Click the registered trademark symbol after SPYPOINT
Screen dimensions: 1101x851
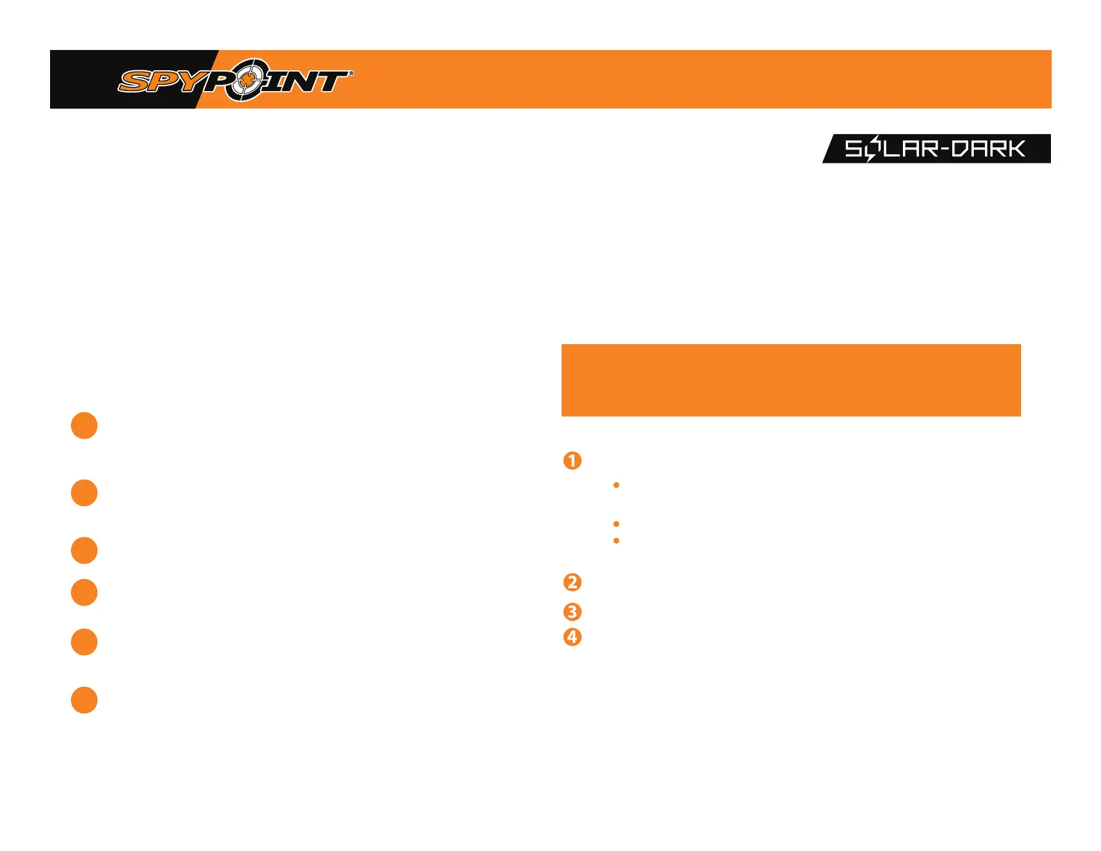pos(350,72)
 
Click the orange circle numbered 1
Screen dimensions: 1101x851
pos(572,460)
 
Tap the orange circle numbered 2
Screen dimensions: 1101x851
pos(572,582)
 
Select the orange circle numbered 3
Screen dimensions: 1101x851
pos(572,612)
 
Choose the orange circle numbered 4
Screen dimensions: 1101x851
pos(572,637)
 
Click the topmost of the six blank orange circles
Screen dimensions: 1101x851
pos(84,425)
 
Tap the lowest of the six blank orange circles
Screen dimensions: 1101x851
pos(84,700)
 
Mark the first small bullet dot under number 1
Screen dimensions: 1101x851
pos(617,485)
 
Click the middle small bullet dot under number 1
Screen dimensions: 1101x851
pos(617,524)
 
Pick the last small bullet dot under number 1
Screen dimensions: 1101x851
pos(617,540)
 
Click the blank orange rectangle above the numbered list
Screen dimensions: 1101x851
pos(791,380)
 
